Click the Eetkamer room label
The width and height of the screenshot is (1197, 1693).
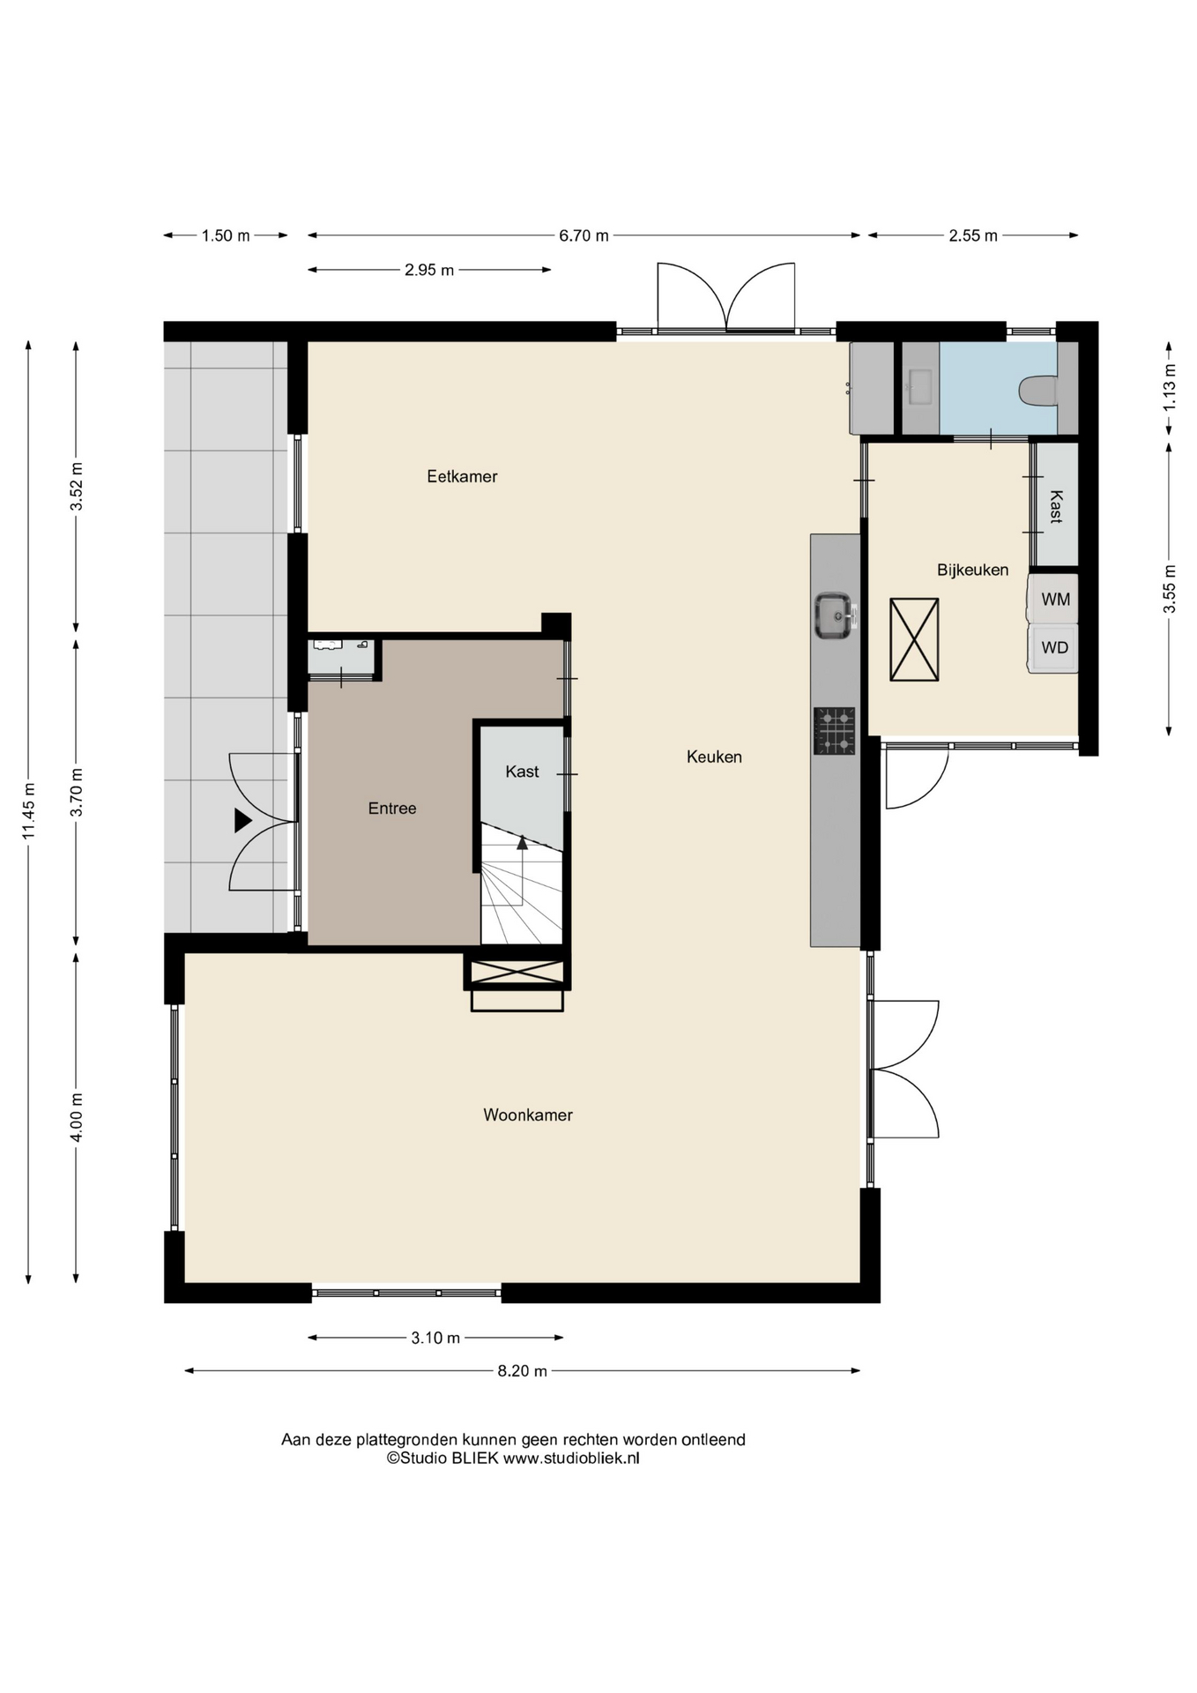tap(462, 476)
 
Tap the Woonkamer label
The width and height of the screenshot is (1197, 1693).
tap(528, 1115)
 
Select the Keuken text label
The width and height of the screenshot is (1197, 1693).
tap(714, 757)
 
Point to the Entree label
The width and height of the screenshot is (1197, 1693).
tap(392, 808)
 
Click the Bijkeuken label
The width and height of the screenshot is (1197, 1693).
tap(972, 570)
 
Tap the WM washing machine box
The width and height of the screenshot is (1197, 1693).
tap(1053, 599)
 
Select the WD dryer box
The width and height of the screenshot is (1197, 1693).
tap(1053, 648)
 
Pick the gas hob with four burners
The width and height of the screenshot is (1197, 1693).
tap(834, 731)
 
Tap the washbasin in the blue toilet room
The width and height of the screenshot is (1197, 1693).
tap(920, 386)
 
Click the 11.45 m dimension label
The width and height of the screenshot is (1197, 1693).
tap(29, 811)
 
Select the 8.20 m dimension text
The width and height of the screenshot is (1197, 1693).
tap(522, 1370)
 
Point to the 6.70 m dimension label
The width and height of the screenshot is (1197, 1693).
tap(584, 235)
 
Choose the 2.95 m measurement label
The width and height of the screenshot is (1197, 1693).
tap(429, 270)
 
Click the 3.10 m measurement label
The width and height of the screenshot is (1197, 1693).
tap(435, 1338)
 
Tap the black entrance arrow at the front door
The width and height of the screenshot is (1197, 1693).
tap(242, 821)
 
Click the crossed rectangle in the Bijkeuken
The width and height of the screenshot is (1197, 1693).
tap(914, 639)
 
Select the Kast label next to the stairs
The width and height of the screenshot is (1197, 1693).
tap(522, 772)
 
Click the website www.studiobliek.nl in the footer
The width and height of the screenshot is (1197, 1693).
tap(571, 1458)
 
